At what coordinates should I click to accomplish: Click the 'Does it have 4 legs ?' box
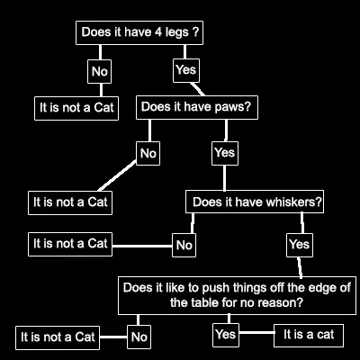tap(139, 32)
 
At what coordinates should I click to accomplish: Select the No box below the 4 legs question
tap(100, 71)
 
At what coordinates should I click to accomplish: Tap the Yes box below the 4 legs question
tap(186, 70)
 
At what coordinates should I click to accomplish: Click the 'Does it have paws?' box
tap(197, 107)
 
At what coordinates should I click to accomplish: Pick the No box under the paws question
tap(148, 153)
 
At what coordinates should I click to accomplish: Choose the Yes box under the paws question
tap(225, 153)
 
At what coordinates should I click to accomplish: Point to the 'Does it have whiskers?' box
tap(255, 202)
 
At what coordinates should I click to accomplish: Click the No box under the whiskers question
tap(184, 245)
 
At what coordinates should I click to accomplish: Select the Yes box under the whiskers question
tap(300, 245)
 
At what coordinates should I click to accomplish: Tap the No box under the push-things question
tap(139, 337)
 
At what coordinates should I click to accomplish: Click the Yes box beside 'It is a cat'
tap(226, 335)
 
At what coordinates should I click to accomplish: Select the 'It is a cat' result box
tap(309, 335)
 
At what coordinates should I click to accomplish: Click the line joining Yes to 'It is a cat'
tap(256, 332)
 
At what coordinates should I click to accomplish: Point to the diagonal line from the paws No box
tap(117, 175)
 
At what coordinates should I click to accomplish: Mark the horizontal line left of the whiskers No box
tap(142, 247)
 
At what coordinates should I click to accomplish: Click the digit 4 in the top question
tap(158, 32)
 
